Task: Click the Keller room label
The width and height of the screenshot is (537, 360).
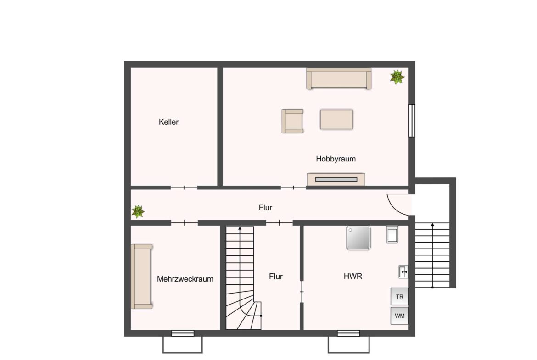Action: [x=168, y=122]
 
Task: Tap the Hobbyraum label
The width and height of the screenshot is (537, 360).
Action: [x=336, y=159]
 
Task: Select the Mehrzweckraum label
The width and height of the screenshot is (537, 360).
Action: [x=185, y=279]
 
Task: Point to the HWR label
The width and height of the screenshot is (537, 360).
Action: [x=353, y=276]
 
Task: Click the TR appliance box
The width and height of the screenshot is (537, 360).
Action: [x=400, y=296]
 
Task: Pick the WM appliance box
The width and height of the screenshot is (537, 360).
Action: [x=400, y=316]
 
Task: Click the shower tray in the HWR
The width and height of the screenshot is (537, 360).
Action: [x=358, y=238]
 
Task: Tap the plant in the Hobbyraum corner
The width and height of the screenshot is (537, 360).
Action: [x=397, y=77]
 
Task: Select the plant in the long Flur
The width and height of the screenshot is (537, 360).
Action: [x=138, y=212]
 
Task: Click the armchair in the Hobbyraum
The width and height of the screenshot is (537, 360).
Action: [x=292, y=121]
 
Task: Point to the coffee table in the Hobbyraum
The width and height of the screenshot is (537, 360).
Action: [x=336, y=119]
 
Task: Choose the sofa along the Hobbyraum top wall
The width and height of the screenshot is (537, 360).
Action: [x=339, y=79]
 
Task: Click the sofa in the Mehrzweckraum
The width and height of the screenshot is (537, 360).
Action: [x=141, y=277]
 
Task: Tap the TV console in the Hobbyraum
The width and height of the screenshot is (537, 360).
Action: [x=336, y=179]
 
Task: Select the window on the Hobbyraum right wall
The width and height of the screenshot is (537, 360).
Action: [x=412, y=121]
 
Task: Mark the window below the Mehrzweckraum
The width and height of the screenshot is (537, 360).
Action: [x=183, y=333]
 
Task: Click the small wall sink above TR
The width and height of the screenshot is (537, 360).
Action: [x=403, y=272]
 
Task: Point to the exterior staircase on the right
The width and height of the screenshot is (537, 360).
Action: [x=432, y=255]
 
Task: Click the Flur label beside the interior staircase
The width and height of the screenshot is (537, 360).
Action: [x=276, y=277]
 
